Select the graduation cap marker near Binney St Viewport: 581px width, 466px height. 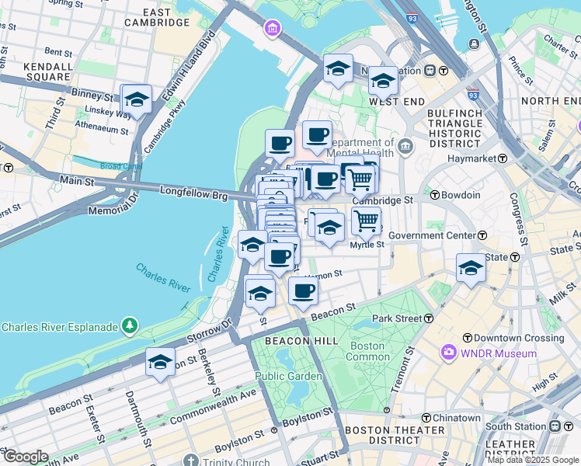[x=137, y=99]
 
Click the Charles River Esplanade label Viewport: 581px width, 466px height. [x=59, y=327]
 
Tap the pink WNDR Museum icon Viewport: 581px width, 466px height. [x=448, y=353]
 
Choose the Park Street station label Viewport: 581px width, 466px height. [x=402, y=318]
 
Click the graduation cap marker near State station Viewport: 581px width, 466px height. [x=471, y=269]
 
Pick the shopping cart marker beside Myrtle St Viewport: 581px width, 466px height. [x=366, y=220]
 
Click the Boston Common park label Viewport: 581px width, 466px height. [x=367, y=351]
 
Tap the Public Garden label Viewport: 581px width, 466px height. [x=289, y=376]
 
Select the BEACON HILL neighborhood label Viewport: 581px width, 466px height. [x=299, y=341]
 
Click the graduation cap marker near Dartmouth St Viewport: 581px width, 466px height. [x=161, y=363]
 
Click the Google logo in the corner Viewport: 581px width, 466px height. [x=26, y=457]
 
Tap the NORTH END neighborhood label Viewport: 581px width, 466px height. [x=551, y=101]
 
